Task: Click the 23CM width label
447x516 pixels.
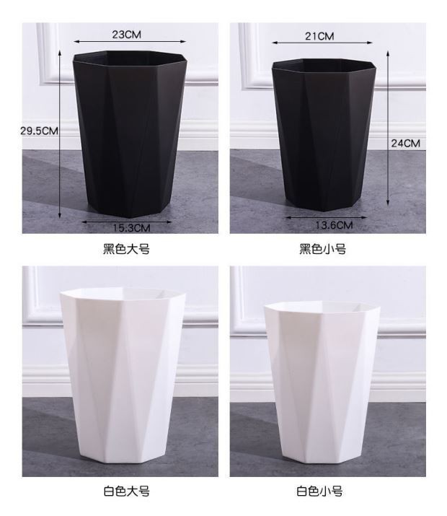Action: point(126,35)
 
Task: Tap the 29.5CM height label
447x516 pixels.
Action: point(39,131)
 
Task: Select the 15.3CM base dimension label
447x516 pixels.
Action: point(130,229)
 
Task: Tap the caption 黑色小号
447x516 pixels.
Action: point(322,250)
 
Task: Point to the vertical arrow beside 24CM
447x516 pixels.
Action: point(389,130)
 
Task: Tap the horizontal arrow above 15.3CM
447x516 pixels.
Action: point(127,221)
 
